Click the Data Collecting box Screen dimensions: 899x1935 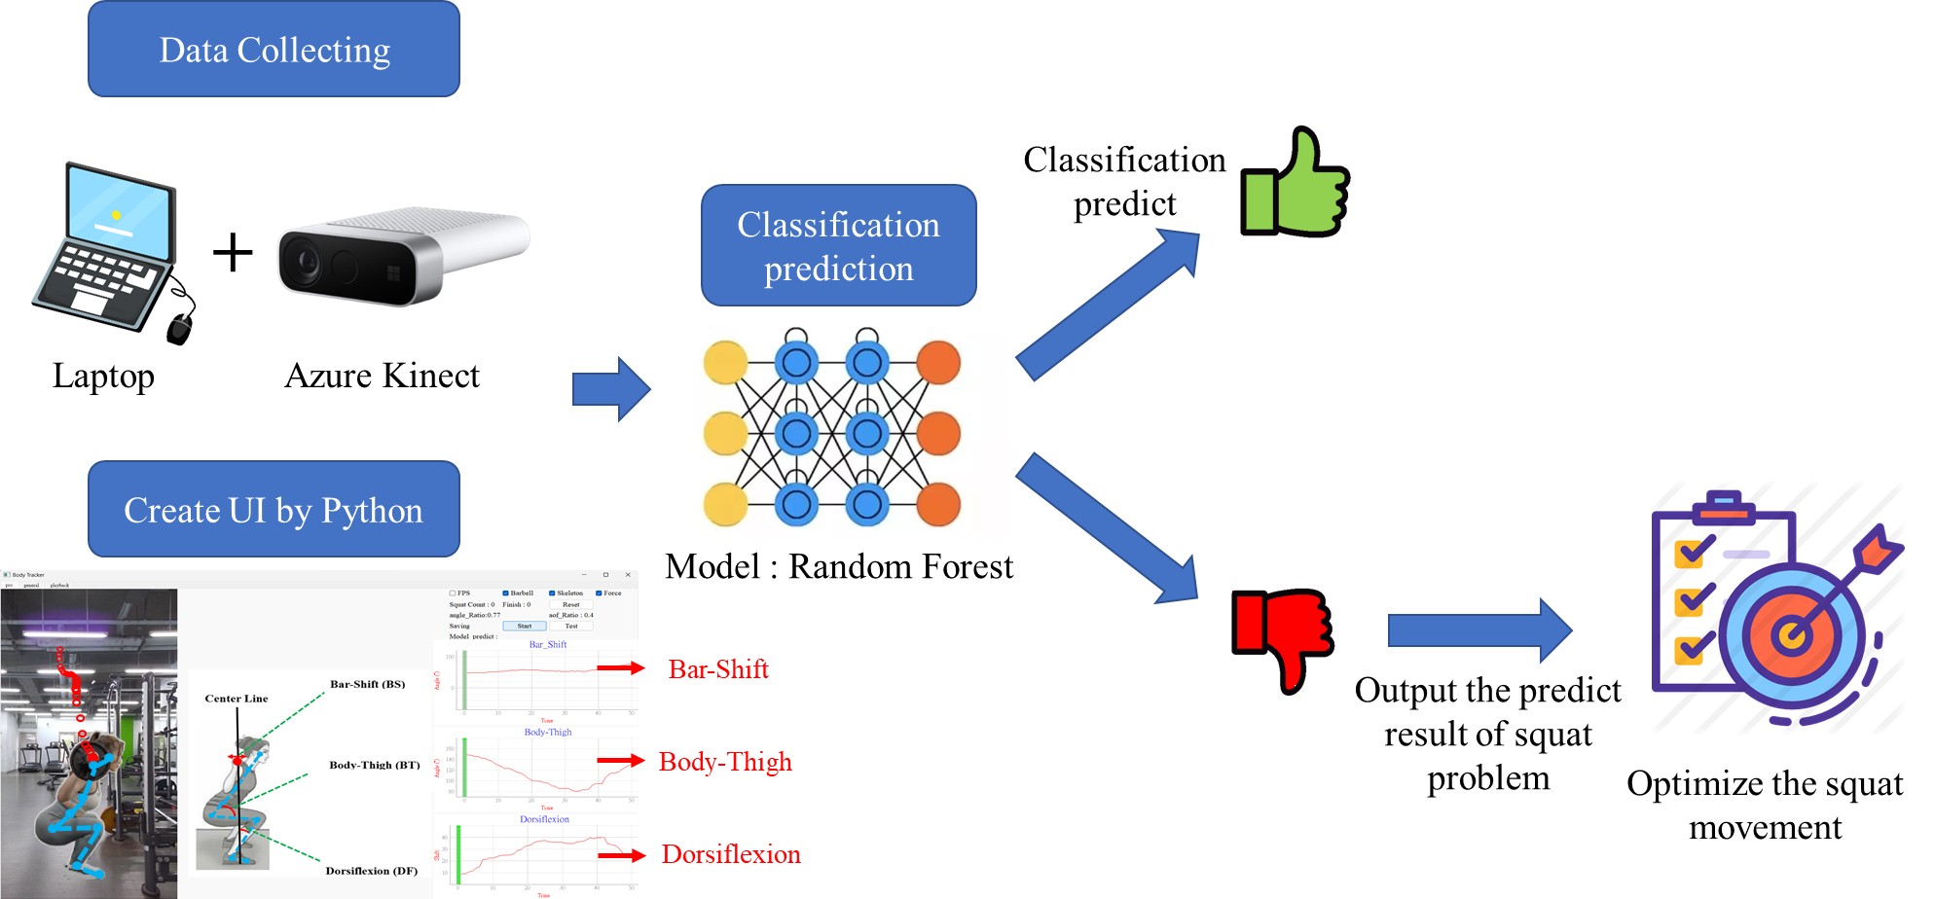274,50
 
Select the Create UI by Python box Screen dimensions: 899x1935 274,510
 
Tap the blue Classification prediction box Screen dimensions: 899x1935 838,245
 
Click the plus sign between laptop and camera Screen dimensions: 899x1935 233,252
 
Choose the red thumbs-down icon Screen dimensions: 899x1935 1283,634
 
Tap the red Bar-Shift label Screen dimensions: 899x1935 718,669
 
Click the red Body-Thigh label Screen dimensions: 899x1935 725,762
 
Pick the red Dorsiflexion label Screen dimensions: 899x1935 731,854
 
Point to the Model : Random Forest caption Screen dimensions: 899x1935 839,566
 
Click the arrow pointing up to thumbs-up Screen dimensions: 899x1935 1110,304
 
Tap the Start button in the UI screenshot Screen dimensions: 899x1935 525,627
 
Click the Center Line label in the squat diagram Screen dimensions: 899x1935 237,699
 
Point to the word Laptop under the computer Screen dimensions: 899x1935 103,376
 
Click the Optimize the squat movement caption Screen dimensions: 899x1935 1765,805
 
